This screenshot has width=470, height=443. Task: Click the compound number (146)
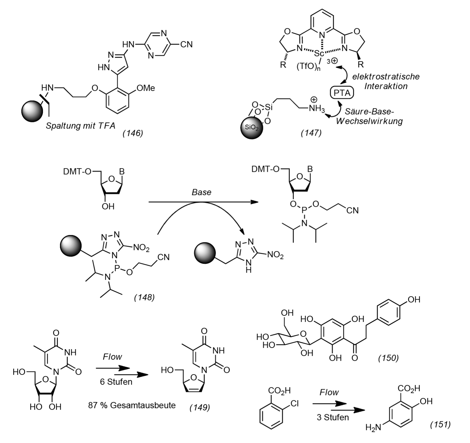133,133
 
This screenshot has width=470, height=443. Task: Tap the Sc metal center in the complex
319,53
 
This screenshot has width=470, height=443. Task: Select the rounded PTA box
342,93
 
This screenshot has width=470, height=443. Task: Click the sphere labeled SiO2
252,128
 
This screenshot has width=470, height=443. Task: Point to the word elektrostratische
386,76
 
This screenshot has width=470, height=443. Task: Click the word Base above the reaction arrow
201,192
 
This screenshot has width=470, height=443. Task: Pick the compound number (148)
144,297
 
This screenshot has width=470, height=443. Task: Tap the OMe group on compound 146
146,88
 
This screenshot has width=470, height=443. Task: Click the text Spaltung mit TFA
80,126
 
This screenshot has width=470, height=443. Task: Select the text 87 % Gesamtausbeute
132,405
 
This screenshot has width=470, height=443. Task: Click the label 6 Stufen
116,382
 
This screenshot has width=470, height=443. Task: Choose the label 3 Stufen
333,417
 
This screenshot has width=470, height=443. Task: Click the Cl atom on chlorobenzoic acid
295,403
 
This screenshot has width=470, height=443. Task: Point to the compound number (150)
388,358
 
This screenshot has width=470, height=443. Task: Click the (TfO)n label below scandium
308,67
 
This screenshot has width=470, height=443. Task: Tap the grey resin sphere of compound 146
32,111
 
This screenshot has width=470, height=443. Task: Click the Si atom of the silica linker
269,107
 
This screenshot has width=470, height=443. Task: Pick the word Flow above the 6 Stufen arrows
112,357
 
